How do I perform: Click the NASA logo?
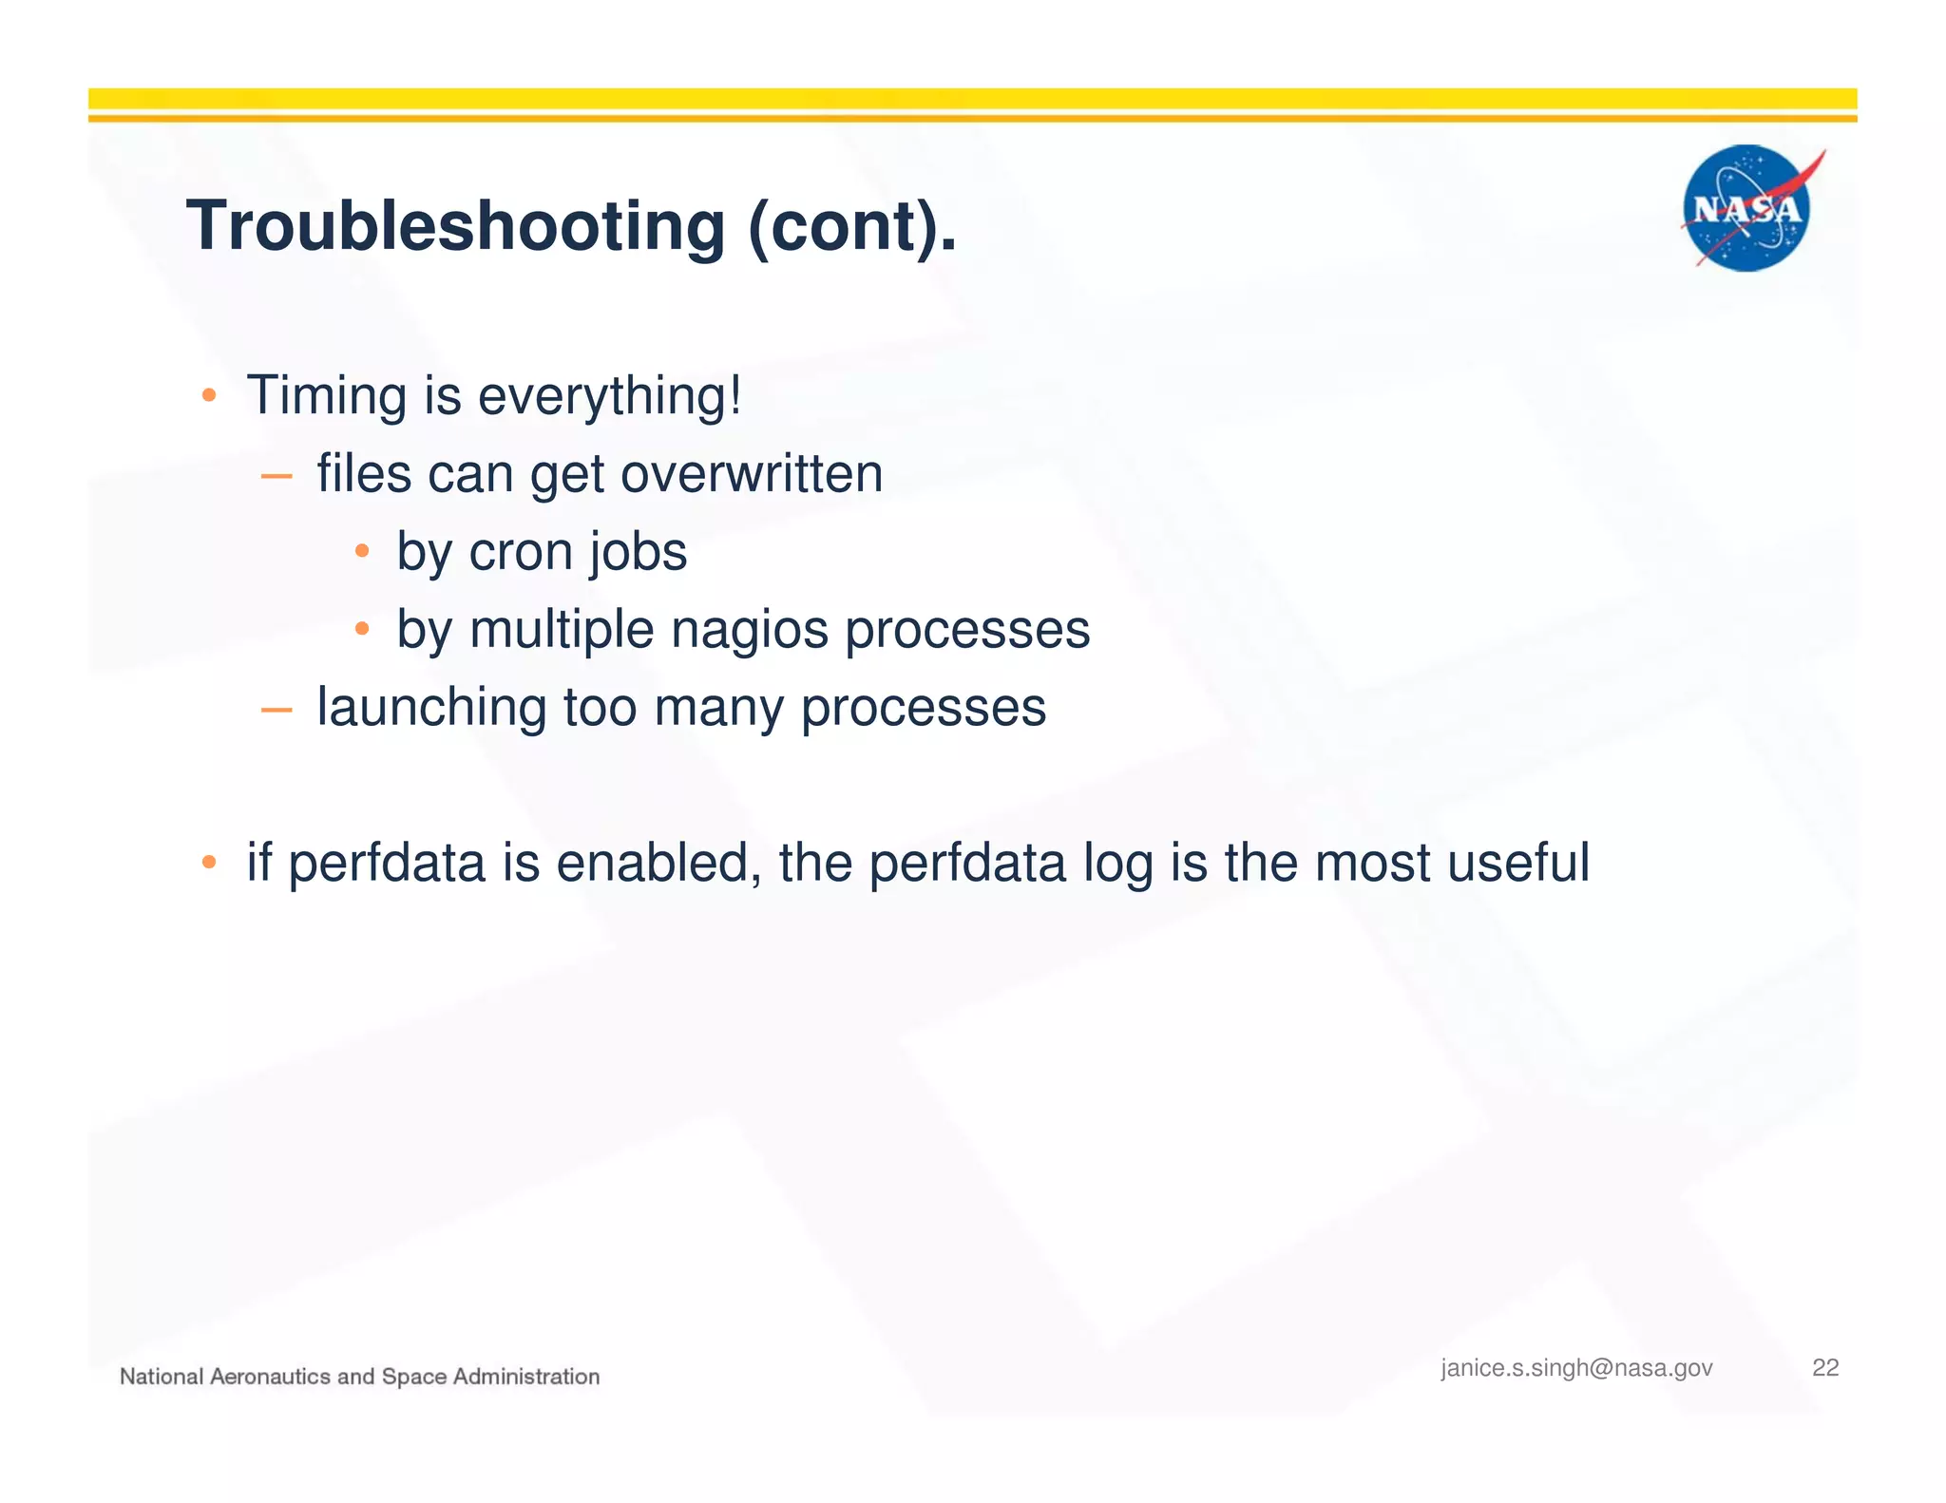coord(1746,208)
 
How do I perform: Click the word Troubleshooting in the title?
coord(455,227)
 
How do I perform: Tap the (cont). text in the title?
coord(852,227)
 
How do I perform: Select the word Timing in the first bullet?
coord(327,395)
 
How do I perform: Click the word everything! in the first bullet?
coord(609,397)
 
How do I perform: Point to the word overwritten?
coord(752,473)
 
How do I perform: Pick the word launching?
coord(431,709)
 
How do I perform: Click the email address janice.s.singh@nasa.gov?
coord(1576,1368)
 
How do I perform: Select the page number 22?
coord(1825,1368)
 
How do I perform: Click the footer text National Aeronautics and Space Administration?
coord(359,1377)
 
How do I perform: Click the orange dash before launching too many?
coord(276,709)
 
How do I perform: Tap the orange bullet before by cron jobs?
coord(362,551)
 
